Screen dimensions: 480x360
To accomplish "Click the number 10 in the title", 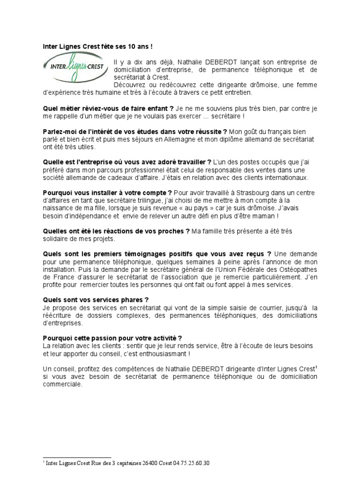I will coord(119,46).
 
